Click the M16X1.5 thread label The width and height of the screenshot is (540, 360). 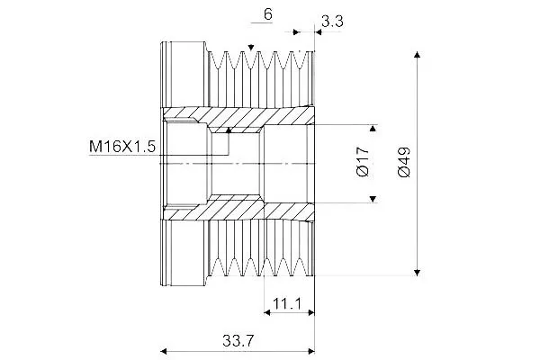(122, 147)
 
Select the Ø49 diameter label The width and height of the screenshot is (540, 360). (404, 162)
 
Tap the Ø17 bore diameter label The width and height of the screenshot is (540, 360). (363, 162)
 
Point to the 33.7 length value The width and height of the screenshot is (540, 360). (238, 341)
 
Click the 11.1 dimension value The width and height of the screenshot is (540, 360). (287, 304)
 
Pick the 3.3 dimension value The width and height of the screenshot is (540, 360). (332, 22)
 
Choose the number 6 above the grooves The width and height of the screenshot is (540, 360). (267, 14)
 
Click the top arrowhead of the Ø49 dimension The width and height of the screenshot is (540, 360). (417, 54)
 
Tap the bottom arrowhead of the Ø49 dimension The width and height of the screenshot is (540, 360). (417, 273)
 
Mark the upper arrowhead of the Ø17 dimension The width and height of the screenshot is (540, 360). (373, 129)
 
